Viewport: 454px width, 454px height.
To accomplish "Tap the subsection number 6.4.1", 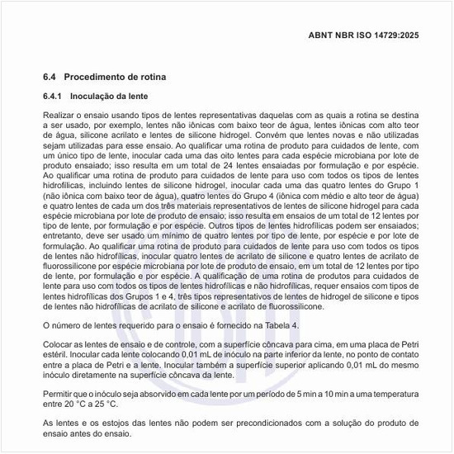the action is coord(54,97).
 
